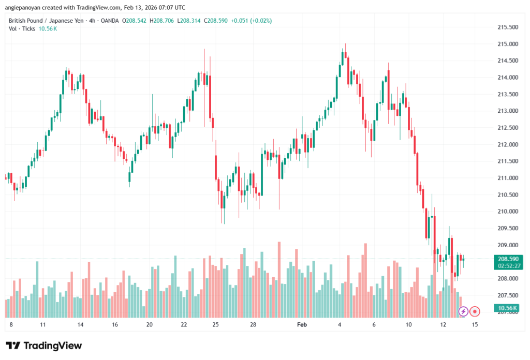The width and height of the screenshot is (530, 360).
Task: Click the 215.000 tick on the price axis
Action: [507, 44]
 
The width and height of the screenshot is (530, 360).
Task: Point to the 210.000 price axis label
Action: [507, 212]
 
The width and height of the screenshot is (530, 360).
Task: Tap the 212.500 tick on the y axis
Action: [507, 128]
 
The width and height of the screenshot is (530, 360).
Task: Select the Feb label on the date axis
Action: [302, 325]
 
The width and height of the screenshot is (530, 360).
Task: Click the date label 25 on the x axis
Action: [216, 325]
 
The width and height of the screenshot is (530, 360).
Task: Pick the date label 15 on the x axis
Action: [475, 325]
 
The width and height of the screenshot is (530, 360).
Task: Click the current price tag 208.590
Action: [508, 259]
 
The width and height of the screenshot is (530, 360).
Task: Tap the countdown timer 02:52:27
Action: [508, 265]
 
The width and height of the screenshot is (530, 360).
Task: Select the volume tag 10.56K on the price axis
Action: [508, 308]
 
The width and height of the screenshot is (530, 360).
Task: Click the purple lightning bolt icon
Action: [463, 311]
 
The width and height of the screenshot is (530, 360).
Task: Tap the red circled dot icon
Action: [475, 311]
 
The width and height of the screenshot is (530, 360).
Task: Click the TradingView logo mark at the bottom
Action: [14, 346]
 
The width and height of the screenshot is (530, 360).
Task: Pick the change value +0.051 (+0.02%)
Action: [252, 21]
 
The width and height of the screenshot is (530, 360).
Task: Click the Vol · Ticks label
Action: [22, 28]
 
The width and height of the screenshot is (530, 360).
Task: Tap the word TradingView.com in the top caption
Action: [101, 7]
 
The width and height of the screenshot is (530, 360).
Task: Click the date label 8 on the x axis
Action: [11, 325]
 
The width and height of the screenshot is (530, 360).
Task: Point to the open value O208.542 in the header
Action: [134, 21]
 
